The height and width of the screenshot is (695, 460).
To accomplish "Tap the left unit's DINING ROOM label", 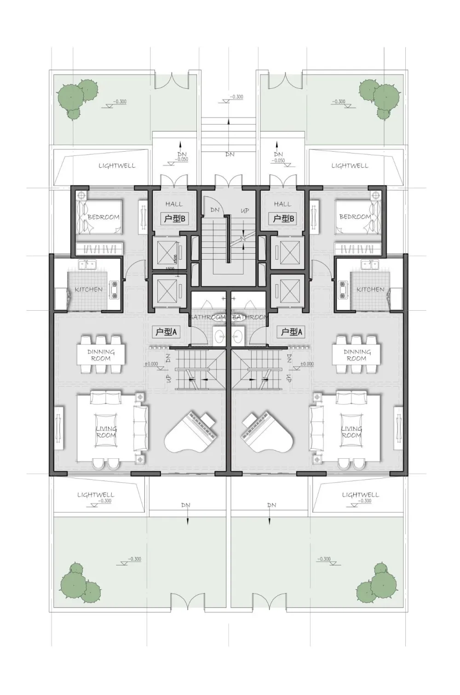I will tap(101, 355).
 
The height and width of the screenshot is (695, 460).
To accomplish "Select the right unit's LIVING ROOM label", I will tap(351, 432).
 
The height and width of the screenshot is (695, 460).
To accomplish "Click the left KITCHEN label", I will tap(89, 289).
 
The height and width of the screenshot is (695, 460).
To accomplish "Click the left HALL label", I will tap(174, 204).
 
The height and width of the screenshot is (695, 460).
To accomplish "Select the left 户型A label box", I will tap(166, 331).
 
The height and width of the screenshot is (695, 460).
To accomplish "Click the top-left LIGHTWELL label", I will tap(117, 165).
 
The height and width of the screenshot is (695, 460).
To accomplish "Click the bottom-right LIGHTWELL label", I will tap(360, 495).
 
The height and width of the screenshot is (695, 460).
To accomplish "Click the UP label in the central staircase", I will tap(245, 211).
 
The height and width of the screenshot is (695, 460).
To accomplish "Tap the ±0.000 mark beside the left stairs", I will tap(151, 364).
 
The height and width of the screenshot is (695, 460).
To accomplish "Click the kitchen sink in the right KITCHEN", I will tap(370, 264).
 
